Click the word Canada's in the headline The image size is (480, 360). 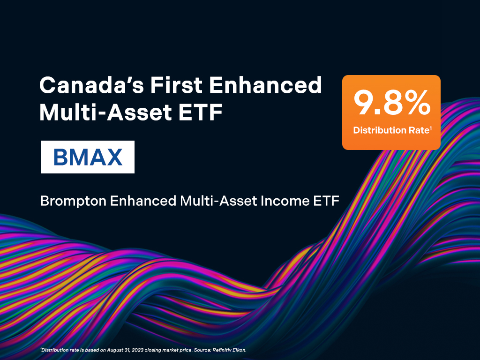pos(91,85)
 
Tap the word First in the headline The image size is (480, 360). pos(176,85)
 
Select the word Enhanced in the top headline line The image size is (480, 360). pos(265,85)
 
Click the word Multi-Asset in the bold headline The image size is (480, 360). pos(105,112)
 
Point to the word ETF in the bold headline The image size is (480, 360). pos(200,112)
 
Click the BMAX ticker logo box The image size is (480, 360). pos(88,157)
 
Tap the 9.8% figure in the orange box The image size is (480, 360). pos(392,103)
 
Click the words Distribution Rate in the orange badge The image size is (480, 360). pos(391,130)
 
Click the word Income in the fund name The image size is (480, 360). pos(285,201)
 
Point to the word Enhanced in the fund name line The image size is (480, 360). pos(143,201)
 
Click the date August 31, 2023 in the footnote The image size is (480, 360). pos(125,350)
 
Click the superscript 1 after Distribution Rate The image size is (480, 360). pos(431,128)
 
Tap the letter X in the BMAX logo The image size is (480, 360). pos(114,157)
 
